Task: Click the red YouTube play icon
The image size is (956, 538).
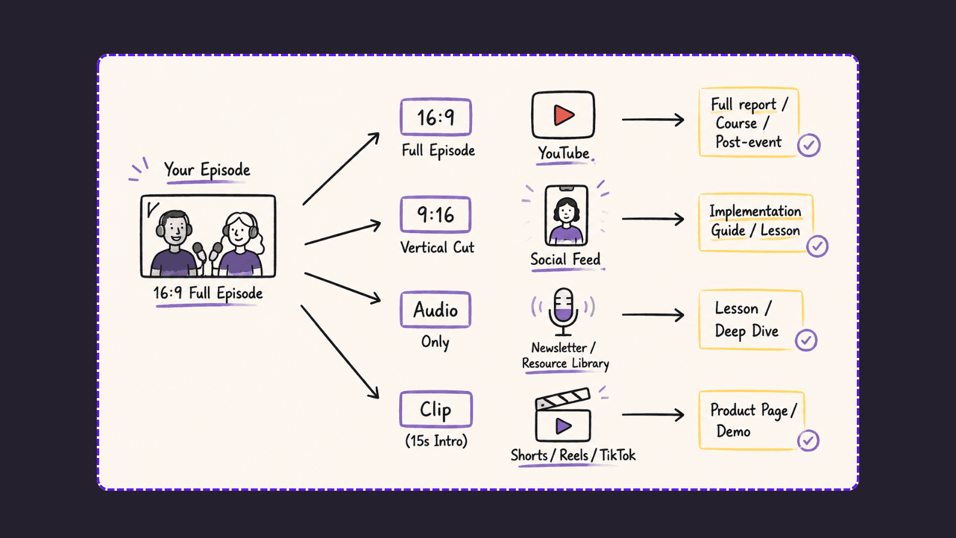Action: pyautogui.click(x=564, y=115)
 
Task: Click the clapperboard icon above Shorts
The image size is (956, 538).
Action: pyautogui.click(x=563, y=415)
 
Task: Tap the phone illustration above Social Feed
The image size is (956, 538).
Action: pyautogui.click(x=566, y=215)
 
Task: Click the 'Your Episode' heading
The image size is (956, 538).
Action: pyautogui.click(x=207, y=170)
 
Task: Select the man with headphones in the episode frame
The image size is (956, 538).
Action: pyautogui.click(x=174, y=243)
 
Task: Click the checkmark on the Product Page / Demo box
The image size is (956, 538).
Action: pyautogui.click(x=808, y=441)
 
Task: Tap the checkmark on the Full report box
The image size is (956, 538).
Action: pyautogui.click(x=809, y=145)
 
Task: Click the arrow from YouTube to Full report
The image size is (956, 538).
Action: pyautogui.click(x=653, y=120)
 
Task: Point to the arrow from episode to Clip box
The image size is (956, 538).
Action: pyautogui.click(x=340, y=351)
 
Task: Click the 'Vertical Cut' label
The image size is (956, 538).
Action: pyautogui.click(x=437, y=247)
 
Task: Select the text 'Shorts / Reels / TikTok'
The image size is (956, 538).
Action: pyautogui.click(x=573, y=455)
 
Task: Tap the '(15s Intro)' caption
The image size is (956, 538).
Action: pyautogui.click(x=436, y=441)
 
